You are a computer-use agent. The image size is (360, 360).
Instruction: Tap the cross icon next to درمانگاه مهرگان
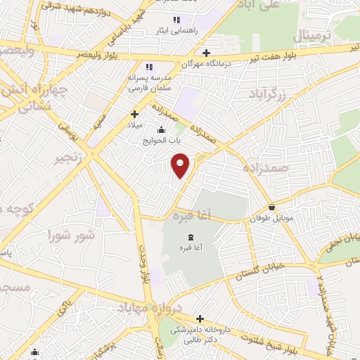205,53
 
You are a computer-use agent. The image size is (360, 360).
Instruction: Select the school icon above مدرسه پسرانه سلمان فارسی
148,66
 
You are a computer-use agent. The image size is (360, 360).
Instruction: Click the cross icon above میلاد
134,113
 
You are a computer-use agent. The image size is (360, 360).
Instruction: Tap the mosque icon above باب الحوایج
162,129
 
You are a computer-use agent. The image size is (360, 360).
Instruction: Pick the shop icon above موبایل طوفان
272,207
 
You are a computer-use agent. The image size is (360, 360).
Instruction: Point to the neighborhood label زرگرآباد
268,94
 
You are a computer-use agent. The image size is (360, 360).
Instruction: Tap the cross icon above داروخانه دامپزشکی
200,319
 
